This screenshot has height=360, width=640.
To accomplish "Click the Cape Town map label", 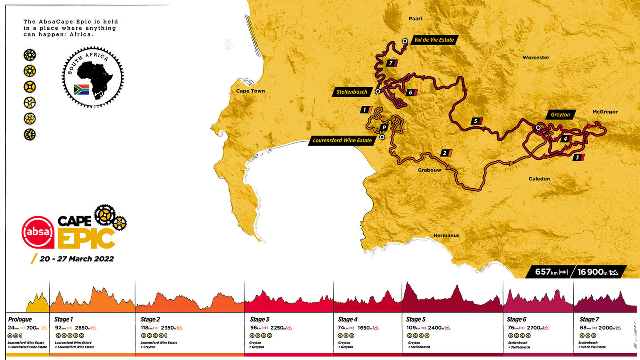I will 251,91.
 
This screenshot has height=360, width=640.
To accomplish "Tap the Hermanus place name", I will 447,236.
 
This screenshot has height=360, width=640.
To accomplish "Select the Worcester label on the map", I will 536,58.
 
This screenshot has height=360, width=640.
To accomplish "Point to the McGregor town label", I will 605,112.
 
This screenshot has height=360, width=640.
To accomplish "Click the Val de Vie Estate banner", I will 434,40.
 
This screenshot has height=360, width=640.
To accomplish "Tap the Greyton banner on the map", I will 560,115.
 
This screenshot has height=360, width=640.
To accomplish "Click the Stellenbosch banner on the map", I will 352,92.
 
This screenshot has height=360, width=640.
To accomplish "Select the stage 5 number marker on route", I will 476,121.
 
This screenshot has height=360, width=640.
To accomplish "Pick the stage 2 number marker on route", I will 445,153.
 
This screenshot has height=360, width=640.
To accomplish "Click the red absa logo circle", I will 38,232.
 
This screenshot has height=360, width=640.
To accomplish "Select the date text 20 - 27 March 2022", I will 76,259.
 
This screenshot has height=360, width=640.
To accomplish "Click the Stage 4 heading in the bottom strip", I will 348,319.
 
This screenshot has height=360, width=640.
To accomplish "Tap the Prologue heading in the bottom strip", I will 20,319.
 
